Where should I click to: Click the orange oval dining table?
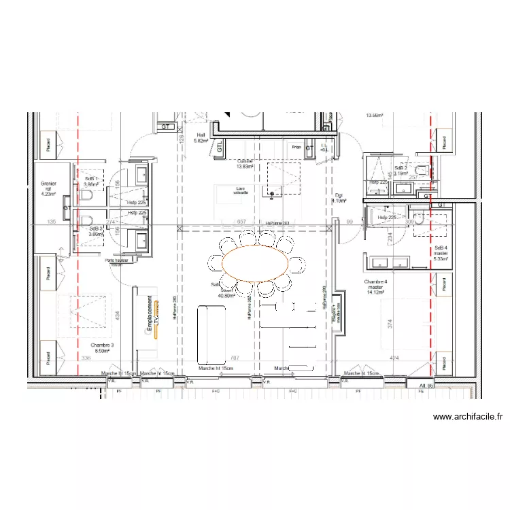pyautogui.click(x=256, y=263)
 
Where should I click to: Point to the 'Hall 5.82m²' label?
pyautogui.click(x=201, y=138)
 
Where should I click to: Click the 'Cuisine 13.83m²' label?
pyautogui.click(x=245, y=164)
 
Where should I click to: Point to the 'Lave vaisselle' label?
pyautogui.click(x=241, y=190)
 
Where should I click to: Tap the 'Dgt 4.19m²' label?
pyautogui.click(x=339, y=198)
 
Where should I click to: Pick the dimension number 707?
pyautogui.click(x=235, y=358)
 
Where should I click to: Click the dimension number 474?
pyautogui.click(x=394, y=358)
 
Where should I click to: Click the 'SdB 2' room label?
pyautogui.click(x=401, y=168)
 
